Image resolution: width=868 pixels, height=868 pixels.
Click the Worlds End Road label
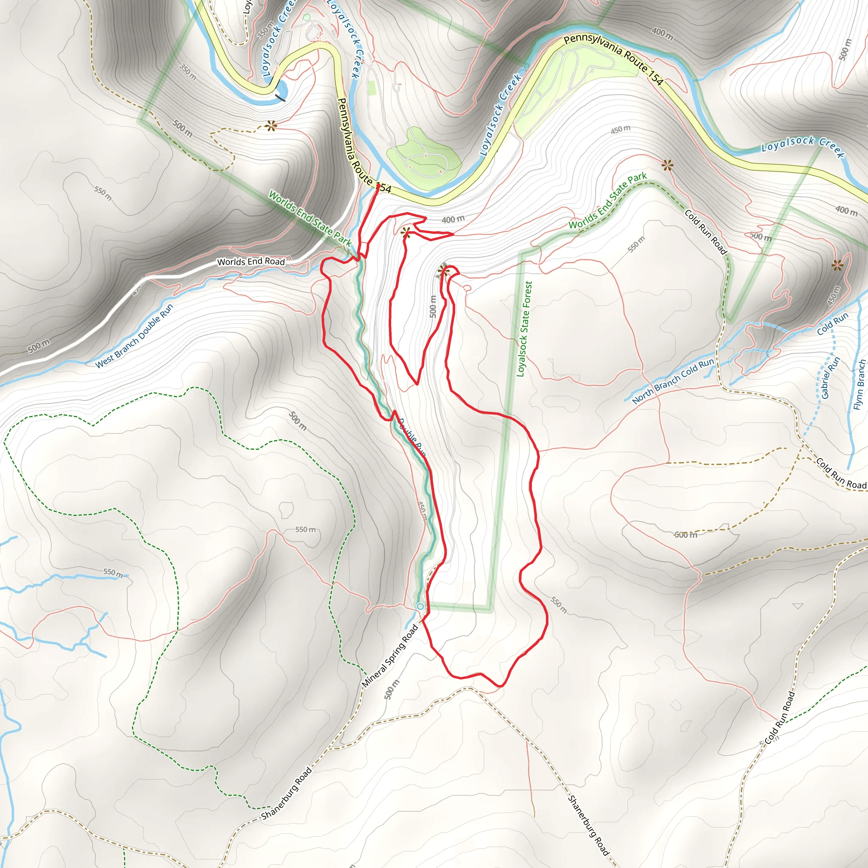251,262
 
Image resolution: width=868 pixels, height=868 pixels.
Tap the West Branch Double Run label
134,336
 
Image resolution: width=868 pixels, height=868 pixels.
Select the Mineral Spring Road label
390,657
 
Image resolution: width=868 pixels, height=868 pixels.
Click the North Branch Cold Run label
673,381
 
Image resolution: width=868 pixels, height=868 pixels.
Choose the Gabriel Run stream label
830,378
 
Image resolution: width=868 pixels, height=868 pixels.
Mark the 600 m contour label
686,534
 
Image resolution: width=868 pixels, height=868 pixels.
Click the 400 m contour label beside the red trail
453,219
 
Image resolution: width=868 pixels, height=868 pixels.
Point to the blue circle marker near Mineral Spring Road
420,606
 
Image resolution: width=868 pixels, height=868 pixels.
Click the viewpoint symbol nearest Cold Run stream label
837,265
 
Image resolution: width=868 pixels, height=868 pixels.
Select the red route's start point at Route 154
378,185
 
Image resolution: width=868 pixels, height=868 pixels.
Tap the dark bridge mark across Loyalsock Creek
280,97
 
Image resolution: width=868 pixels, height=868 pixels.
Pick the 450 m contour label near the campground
620,130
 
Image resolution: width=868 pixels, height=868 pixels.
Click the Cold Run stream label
832,323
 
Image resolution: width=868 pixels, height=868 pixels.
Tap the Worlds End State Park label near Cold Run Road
607,200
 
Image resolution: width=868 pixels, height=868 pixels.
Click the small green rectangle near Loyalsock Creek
372,87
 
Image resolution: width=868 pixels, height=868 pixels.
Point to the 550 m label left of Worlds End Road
103,193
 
